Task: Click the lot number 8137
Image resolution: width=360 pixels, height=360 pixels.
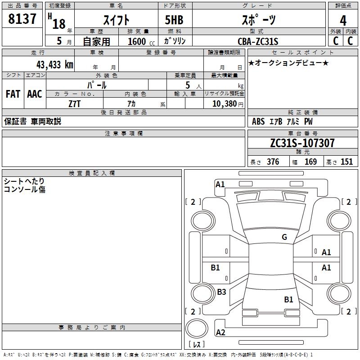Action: pyautogui.click(x=22, y=19)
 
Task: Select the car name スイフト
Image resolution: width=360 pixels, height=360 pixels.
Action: pyautogui.click(x=117, y=20)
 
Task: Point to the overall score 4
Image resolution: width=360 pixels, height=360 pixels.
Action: pyautogui.click(x=343, y=20)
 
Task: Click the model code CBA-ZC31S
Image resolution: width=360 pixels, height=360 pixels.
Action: pyautogui.click(x=258, y=41)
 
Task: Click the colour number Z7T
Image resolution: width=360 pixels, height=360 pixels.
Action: pyautogui.click(x=75, y=103)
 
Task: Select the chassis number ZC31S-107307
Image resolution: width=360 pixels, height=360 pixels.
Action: pyautogui.click(x=302, y=143)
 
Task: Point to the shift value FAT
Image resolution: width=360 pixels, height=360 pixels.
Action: pyautogui.click(x=13, y=94)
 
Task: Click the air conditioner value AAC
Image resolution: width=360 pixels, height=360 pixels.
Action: pyautogui.click(x=35, y=94)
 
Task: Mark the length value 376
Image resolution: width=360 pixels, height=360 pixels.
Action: pyautogui.click(x=273, y=162)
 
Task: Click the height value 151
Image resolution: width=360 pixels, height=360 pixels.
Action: pyautogui.click(x=346, y=162)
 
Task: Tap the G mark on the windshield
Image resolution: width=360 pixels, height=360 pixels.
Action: pyautogui.click(x=284, y=237)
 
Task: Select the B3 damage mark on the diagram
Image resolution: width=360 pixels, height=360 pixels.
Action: pyautogui.click(x=221, y=292)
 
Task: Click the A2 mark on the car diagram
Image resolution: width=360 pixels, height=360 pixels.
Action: pyautogui.click(x=220, y=333)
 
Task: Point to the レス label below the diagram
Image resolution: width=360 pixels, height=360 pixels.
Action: pyautogui.click(x=198, y=345)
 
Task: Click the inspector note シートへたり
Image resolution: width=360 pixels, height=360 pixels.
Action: pyautogui.click(x=24, y=181)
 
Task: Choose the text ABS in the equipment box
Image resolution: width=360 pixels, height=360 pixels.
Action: pyautogui.click(x=258, y=121)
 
